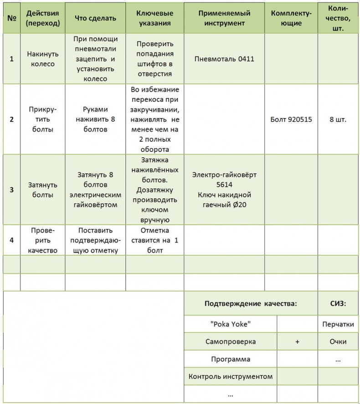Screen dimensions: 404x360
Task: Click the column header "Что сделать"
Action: [x=95, y=18]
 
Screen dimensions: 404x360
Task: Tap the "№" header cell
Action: [x=11, y=18]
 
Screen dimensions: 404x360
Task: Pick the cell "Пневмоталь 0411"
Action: [x=224, y=59]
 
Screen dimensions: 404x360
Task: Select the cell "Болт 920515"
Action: [x=291, y=119]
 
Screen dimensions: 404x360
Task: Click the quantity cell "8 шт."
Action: [x=338, y=119]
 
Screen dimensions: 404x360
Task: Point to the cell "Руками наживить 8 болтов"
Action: [x=95, y=119]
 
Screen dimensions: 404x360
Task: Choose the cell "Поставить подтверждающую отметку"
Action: [x=95, y=240]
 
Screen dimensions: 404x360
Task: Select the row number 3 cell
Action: [x=11, y=190]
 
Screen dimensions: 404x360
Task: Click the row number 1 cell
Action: [x=11, y=59]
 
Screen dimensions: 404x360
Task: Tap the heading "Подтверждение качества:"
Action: [x=251, y=303]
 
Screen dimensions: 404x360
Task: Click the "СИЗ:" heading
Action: [x=338, y=303]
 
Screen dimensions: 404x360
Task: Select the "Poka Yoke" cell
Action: [x=231, y=324]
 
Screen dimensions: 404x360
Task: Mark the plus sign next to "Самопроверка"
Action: [x=297, y=342]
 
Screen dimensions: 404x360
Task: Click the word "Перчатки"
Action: [x=338, y=324]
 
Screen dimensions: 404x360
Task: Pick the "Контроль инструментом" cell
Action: [x=231, y=376]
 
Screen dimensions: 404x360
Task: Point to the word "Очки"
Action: [x=338, y=342]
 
